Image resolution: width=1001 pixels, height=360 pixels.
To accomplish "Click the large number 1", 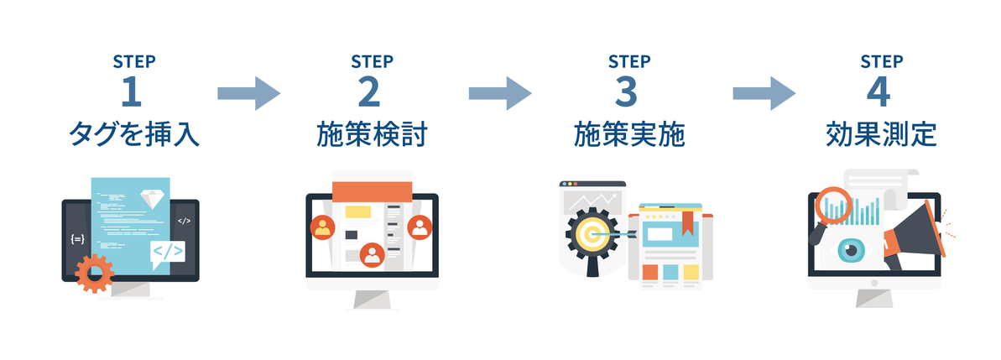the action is (x=132, y=92).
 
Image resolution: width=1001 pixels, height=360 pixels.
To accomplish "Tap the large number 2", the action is (x=370, y=92).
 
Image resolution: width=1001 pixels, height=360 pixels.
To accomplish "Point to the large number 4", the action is (x=879, y=92).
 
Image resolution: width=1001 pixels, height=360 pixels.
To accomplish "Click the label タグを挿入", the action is (x=134, y=134).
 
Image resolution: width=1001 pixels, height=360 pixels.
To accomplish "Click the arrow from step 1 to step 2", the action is (x=249, y=93).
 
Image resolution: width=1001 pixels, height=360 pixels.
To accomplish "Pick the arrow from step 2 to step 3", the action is (x=500, y=93).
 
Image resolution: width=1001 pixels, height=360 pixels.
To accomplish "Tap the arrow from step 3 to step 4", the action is (x=764, y=93).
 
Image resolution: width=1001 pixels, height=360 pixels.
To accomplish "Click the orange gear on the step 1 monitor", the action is (x=95, y=274).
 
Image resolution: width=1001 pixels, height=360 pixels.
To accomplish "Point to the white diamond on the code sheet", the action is (x=151, y=198).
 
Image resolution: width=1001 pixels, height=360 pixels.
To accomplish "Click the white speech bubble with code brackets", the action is (x=167, y=253).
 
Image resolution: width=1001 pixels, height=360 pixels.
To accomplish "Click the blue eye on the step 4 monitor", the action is (x=850, y=250).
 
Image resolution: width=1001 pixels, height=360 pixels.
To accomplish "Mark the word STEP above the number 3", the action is (x=628, y=61).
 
